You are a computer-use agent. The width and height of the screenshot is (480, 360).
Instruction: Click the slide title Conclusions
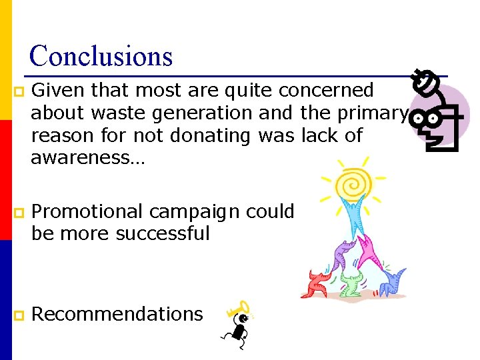click(x=101, y=56)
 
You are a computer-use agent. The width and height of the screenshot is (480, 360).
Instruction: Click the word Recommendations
click(x=117, y=314)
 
